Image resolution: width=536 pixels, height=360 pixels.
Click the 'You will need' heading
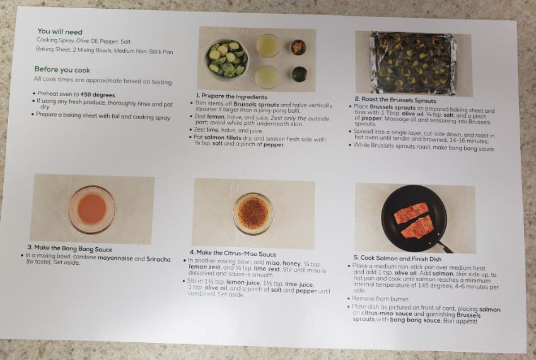coord(60,32)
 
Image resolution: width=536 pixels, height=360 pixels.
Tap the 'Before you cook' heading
coord(62,70)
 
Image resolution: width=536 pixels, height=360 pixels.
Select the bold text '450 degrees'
coord(98,95)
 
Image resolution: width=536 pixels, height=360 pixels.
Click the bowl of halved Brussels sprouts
coord(226,58)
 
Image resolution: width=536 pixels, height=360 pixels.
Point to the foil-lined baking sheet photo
coord(413,63)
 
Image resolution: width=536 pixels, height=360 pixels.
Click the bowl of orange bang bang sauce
coord(91,209)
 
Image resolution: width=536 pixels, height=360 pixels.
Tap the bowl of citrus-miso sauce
coord(253,213)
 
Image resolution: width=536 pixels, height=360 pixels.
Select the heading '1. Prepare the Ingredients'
coord(231,96)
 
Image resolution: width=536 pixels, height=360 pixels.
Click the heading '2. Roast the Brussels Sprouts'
coord(395,100)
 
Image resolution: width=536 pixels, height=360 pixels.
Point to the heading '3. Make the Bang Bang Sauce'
coord(70,248)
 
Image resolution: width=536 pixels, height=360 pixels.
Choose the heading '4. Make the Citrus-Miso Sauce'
coord(233,253)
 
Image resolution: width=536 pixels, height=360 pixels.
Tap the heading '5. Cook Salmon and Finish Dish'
coord(397,258)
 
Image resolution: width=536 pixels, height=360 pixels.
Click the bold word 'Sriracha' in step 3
coord(158,259)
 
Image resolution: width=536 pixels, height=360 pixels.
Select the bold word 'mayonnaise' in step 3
coord(115,258)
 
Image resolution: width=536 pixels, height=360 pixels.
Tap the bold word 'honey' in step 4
coord(291,264)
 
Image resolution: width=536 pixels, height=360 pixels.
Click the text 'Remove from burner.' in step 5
coord(380,299)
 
